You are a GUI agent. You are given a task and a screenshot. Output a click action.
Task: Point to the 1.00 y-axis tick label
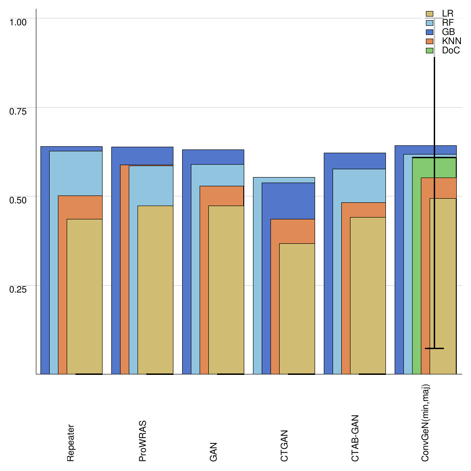pyautogui.click(x=19, y=22)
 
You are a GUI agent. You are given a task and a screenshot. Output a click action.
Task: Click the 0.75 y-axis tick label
pyautogui.click(x=19, y=111)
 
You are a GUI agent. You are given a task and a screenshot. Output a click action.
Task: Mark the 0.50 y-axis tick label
pyautogui.click(x=19, y=200)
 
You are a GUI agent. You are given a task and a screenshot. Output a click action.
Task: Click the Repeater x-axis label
pyautogui.click(x=71, y=442)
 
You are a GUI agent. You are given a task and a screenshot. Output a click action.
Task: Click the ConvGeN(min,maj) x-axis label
pyautogui.click(x=426, y=423)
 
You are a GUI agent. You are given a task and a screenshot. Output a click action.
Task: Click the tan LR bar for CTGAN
pyautogui.click(x=297, y=308)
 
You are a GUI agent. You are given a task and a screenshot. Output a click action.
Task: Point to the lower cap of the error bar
pyautogui.click(x=434, y=348)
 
